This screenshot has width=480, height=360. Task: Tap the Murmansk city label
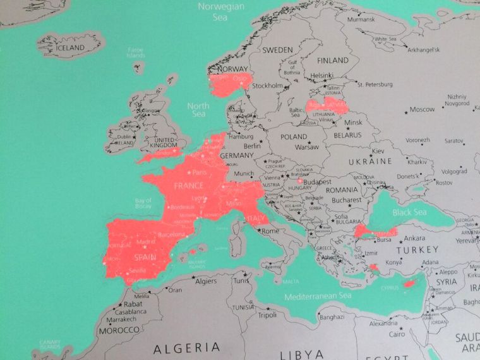[361, 19]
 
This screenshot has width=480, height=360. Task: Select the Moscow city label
[422, 109]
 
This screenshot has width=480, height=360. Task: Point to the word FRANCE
[189, 186]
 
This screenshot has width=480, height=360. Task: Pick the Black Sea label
[410, 212]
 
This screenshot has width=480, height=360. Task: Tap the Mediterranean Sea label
[318, 296]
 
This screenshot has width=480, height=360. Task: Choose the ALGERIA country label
[188, 347]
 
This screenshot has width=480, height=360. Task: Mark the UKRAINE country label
[370, 162]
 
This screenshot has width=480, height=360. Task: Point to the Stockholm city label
[267, 85]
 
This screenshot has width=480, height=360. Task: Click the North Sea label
[198, 110]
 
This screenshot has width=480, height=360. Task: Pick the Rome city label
[270, 231]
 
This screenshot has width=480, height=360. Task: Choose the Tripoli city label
[267, 315]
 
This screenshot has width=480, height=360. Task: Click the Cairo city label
[397, 333]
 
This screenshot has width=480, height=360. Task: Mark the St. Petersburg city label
[375, 84]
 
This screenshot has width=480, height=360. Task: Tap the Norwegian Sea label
[220, 12]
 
